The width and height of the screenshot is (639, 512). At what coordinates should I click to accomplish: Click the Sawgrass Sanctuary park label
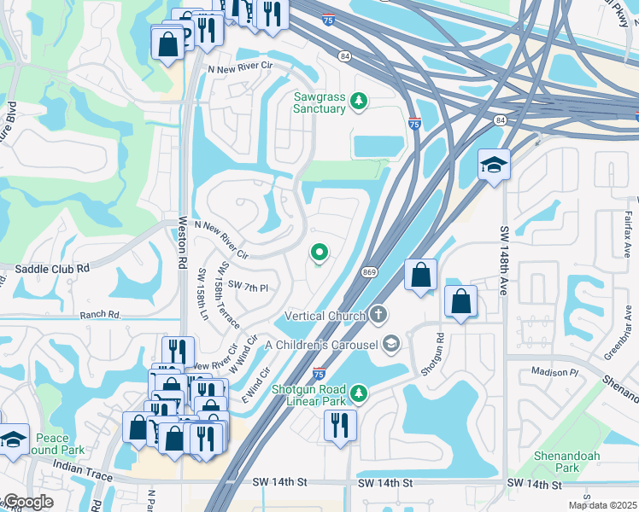(x=319, y=102)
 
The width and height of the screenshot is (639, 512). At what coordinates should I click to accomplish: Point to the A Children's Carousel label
(x=321, y=344)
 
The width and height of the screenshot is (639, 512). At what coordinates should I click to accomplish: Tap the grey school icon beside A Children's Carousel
(x=391, y=344)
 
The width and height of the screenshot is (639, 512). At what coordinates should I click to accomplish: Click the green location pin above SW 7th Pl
(x=320, y=253)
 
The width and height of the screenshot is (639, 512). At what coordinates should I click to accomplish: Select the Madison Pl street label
(x=555, y=372)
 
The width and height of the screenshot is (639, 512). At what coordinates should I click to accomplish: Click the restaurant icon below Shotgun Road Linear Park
(x=340, y=424)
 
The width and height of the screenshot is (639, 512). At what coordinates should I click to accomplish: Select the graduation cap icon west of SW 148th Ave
(x=494, y=164)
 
